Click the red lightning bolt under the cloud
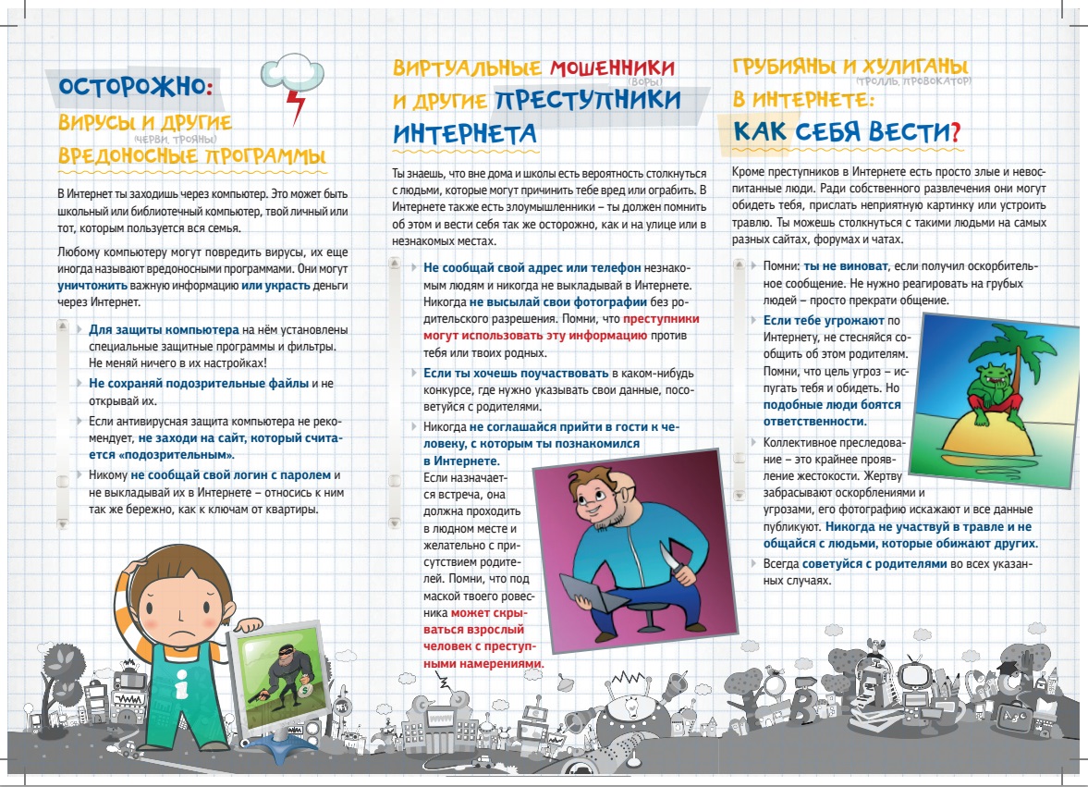(297, 105)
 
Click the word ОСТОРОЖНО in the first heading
(128, 88)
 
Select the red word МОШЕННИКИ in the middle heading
(613, 68)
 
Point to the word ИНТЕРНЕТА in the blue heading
(465, 131)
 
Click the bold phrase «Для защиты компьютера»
(165, 330)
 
